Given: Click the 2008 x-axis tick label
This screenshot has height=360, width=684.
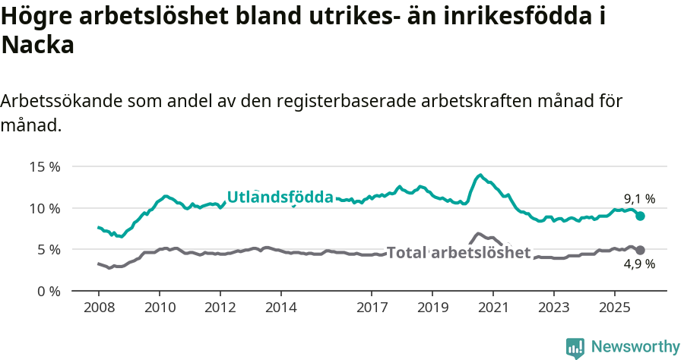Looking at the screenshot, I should coord(99,309).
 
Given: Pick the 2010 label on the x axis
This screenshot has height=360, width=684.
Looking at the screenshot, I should coord(160,309).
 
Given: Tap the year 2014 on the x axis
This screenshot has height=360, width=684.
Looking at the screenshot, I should coord(280,309).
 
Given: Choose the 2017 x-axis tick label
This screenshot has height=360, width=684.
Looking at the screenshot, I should coord(372,309).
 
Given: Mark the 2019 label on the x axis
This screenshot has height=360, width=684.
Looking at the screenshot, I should coord(432,309).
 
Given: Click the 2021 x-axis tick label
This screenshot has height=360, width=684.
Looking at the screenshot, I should coord(492,309).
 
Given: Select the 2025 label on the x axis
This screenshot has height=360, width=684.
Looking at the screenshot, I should coord(614,309).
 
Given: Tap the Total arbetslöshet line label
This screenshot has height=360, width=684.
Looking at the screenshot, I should coord(458,253).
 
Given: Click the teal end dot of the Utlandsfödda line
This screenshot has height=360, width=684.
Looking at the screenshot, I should coord(641,216).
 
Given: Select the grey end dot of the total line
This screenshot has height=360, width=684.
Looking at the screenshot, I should coord(641,250).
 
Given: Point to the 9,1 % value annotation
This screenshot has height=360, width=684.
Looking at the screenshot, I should coord(639,199).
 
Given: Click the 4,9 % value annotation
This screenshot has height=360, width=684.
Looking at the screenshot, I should coord(639,265).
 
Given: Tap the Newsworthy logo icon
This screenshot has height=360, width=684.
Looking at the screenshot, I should coord(575,348).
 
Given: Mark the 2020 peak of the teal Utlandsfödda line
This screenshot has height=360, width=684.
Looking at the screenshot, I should coord(480,175).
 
